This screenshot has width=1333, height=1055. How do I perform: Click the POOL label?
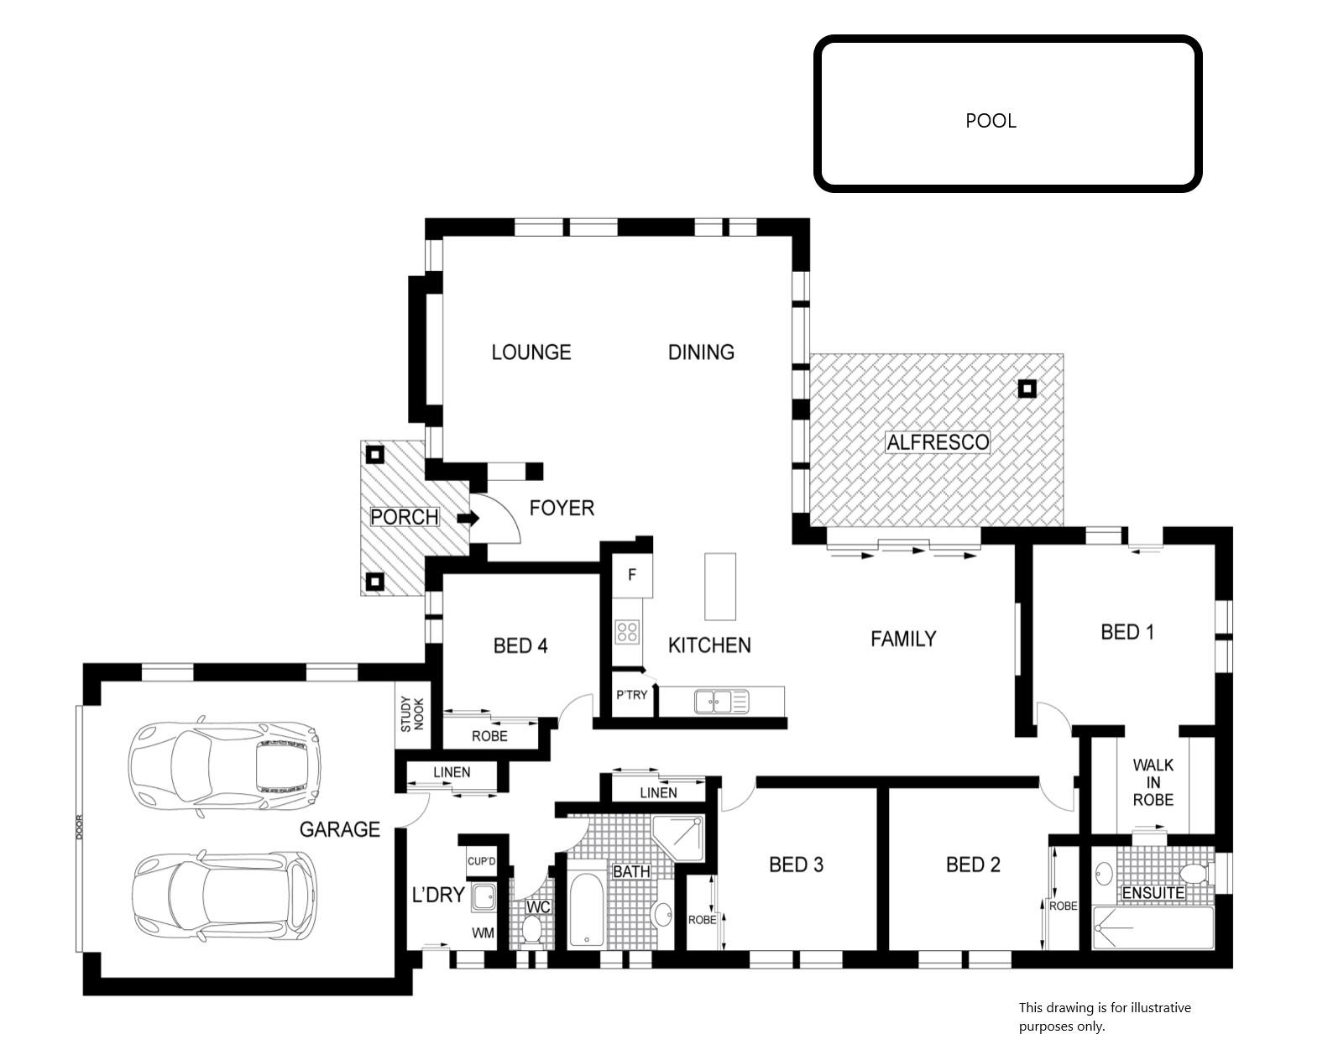[991, 121]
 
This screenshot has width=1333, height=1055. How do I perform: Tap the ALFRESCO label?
[938, 442]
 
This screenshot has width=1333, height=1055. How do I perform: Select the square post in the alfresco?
[1027, 389]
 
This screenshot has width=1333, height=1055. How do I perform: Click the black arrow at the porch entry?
[469, 518]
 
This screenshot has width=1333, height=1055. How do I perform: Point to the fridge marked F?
[632, 576]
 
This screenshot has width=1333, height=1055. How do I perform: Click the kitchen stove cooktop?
[627, 632]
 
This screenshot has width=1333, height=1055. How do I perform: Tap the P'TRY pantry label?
[631, 695]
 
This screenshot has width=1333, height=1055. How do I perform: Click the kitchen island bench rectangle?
[720, 587]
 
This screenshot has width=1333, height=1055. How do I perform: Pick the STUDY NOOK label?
[412, 713]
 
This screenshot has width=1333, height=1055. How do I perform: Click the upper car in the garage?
[224, 766]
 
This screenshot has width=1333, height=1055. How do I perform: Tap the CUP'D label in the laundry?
[481, 861]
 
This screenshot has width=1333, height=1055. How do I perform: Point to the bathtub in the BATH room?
[587, 910]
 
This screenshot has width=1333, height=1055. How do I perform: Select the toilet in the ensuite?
[1194, 874]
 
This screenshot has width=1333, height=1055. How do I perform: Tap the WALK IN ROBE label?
[1153, 782]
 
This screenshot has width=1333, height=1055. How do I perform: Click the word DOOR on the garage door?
[79, 827]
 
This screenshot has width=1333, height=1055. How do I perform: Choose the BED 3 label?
[796, 864]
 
